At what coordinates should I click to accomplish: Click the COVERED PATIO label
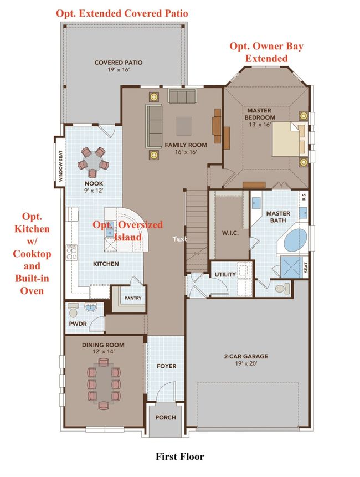pos(119,63)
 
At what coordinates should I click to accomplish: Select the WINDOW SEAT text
pos(60,166)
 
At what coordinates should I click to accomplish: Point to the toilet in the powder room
pos(73,310)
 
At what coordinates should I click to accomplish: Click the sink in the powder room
pos(90,308)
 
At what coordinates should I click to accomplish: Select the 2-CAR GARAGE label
pos(246,356)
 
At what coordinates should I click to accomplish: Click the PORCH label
pos(166,417)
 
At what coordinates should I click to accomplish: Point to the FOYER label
pos(167,366)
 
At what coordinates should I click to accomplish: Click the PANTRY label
pos(133,298)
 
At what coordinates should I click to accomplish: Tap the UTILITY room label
pos(225,274)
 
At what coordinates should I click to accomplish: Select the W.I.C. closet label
pos(230,233)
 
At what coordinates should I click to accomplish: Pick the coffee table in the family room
pos(184,126)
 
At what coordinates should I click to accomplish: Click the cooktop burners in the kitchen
pos(72,253)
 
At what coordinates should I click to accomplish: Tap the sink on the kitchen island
pos(110,233)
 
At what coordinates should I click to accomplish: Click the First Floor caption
pos(179,457)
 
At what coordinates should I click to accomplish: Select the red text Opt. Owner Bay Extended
pos(266,52)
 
